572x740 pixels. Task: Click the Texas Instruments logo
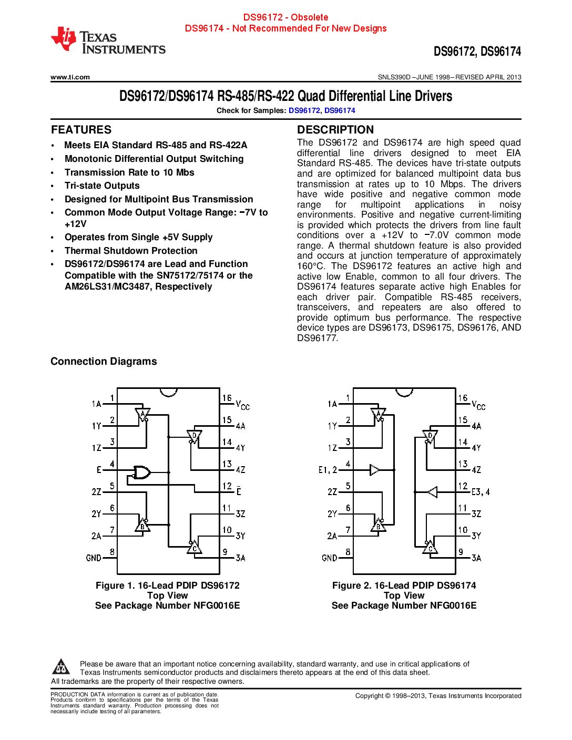tap(108, 41)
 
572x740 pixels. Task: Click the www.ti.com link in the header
tap(70, 77)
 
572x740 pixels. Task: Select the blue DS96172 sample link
tap(304, 110)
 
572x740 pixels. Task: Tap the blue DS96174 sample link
tap(340, 110)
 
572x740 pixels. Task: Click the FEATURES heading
tap(81, 130)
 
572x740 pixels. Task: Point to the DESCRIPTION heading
tap(335, 130)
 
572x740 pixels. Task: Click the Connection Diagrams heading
tap(104, 361)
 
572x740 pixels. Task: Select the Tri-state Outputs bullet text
tap(102, 186)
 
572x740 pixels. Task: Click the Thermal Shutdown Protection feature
tap(131, 251)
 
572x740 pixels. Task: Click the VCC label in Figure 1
tap(242, 405)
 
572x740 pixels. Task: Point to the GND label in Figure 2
tap(329, 558)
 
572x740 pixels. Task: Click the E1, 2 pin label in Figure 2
tap(328, 470)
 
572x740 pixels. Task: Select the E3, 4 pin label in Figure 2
tap(481, 492)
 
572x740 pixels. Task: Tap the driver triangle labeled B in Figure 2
tap(378, 525)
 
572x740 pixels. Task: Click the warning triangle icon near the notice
tap(61, 667)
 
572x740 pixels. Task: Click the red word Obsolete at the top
tap(310, 17)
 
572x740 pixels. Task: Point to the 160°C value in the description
tap(311, 266)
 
